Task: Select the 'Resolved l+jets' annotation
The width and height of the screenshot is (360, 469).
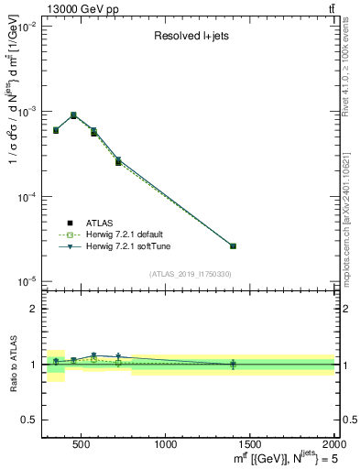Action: [x=190, y=37]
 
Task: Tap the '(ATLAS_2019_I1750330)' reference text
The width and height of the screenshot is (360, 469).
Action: [x=191, y=274]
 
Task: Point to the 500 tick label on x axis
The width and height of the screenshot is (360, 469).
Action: [x=81, y=445]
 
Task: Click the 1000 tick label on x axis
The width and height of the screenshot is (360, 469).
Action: [x=167, y=445]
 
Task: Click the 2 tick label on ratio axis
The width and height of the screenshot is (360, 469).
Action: [x=33, y=310]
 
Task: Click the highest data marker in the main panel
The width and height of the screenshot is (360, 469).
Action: [x=73, y=115]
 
